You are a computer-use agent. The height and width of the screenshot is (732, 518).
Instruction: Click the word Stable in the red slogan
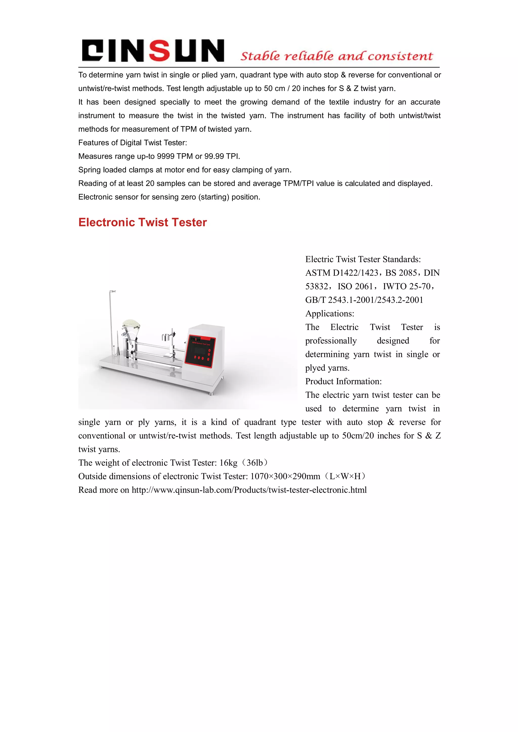[x=260, y=56]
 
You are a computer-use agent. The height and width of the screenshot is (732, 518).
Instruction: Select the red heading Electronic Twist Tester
[x=143, y=222]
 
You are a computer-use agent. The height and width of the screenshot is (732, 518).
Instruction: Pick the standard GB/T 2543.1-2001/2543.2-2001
[x=364, y=300]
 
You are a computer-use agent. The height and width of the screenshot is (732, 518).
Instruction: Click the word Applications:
[x=330, y=314]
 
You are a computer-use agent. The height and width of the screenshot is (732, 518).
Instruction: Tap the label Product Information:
[x=343, y=382]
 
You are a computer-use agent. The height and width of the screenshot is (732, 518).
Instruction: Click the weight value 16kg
[x=228, y=463]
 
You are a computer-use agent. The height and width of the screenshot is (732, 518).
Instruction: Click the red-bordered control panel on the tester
[x=200, y=351]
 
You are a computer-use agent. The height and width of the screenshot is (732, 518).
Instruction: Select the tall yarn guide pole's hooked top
[x=112, y=291]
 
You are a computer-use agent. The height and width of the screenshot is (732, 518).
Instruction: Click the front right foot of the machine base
[x=210, y=393]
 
